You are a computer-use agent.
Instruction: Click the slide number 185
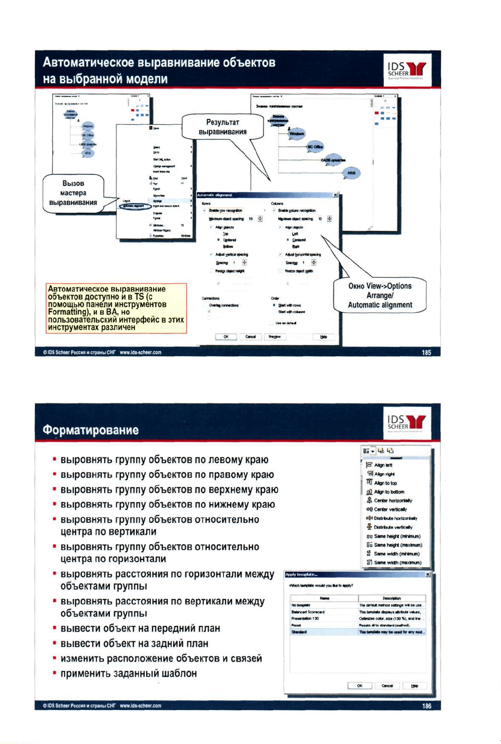(426, 353)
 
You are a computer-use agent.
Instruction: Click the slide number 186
(426, 706)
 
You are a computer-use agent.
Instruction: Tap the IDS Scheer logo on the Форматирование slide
(406, 423)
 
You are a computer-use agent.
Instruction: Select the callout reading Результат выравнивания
(223, 127)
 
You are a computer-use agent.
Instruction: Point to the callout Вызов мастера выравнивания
(73, 193)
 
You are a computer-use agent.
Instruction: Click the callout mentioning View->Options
(380, 295)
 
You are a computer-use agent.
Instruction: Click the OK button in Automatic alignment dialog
(226, 337)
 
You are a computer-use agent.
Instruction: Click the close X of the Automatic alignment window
(335, 195)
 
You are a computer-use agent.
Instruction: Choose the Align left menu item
(383, 465)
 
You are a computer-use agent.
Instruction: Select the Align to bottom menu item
(389, 492)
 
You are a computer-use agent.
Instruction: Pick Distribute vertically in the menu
(393, 527)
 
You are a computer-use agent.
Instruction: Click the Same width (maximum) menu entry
(397, 563)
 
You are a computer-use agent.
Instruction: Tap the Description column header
(392, 598)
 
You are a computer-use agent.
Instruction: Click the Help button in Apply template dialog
(414, 686)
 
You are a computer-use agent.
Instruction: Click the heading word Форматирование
(91, 430)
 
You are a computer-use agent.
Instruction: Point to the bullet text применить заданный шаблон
(128, 673)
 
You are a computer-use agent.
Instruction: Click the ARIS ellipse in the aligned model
(351, 173)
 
